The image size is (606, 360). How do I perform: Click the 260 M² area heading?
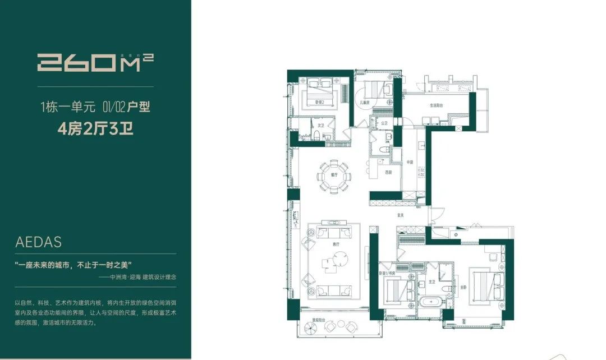click(95, 61)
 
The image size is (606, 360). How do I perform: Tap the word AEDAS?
click(39, 243)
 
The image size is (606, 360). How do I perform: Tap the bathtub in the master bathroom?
click(430, 307)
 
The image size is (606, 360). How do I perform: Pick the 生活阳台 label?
click(437, 105)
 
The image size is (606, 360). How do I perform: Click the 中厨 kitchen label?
click(410, 163)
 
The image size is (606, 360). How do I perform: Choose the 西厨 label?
click(388, 172)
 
